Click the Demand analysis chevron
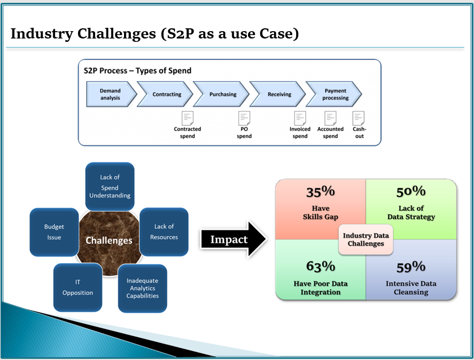pyautogui.click(x=111, y=94)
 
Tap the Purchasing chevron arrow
pyautogui.click(x=221, y=94)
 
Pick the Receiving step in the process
pyautogui.click(x=277, y=94)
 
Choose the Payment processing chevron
pyautogui.click(x=334, y=94)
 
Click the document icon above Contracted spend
pyautogui.click(x=187, y=118)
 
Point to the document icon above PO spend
pyautogui.click(x=244, y=118)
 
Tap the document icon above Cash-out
pyautogui.click(x=358, y=118)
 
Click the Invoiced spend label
pyautogui.click(x=300, y=132)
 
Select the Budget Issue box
pyautogui.click(x=54, y=232)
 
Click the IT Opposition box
pyautogui.click(x=78, y=287)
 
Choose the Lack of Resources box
pyautogui.click(x=164, y=232)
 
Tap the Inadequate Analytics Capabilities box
pyautogui.click(x=142, y=288)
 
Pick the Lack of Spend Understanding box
pyautogui.click(x=110, y=186)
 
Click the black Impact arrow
pyautogui.click(x=233, y=239)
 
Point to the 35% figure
pyautogui.click(x=321, y=192)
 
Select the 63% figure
pyautogui.click(x=321, y=267)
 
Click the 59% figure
pyautogui.click(x=411, y=267)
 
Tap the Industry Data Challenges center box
pyautogui.click(x=366, y=239)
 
